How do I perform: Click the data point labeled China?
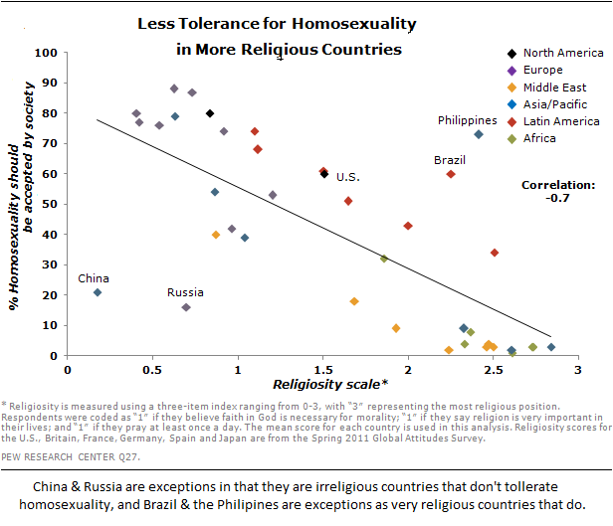point(98,292)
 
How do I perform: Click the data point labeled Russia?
point(186,307)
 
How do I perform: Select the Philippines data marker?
point(479,134)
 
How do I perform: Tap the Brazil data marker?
point(451,174)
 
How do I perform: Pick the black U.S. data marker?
point(324,174)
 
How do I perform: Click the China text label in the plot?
point(95,278)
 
